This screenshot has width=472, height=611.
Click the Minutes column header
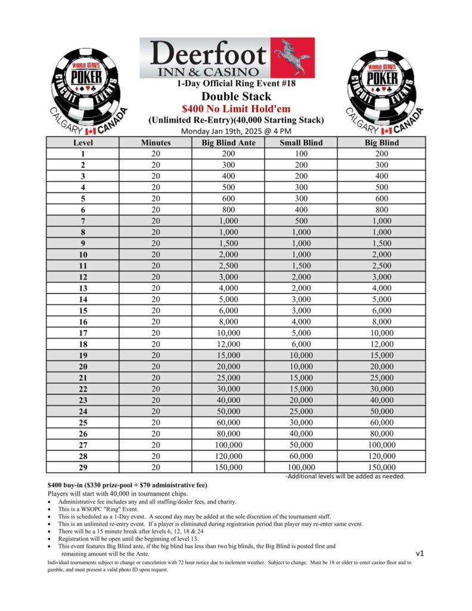(x=156, y=143)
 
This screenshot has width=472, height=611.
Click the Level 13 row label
(x=83, y=288)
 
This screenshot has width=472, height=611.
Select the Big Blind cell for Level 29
(x=381, y=467)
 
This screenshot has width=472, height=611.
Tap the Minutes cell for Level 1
(x=156, y=153)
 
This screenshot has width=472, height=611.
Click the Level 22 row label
(x=83, y=389)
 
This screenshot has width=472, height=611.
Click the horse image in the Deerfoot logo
(x=292, y=57)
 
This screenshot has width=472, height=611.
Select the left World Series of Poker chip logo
(x=86, y=84)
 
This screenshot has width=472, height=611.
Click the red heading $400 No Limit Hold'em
(x=236, y=109)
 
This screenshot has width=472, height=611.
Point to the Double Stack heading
(x=236, y=96)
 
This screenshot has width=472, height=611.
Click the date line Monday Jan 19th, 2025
(x=236, y=131)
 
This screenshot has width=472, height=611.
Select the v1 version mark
(x=420, y=553)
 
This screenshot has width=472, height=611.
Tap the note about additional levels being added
(x=346, y=476)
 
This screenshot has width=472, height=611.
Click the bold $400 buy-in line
(x=127, y=485)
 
